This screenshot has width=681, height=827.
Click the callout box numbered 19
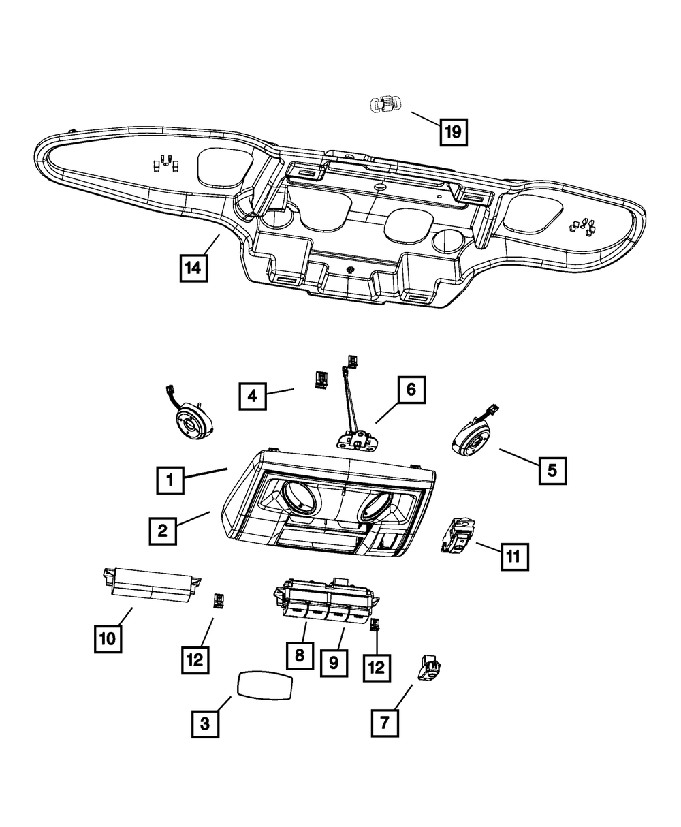point(454,132)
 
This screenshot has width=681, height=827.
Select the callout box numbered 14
point(193,268)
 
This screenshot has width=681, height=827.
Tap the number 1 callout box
point(170,480)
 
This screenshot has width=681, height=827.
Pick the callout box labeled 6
point(411,390)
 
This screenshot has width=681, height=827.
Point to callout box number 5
point(552,471)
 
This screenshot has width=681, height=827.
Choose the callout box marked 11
point(515,557)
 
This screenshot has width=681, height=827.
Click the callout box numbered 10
point(108,639)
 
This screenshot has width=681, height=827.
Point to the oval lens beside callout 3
point(264,685)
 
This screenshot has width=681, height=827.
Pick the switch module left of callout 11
point(458,537)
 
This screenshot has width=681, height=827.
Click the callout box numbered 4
point(253,396)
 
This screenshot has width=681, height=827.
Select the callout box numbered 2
point(163,531)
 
